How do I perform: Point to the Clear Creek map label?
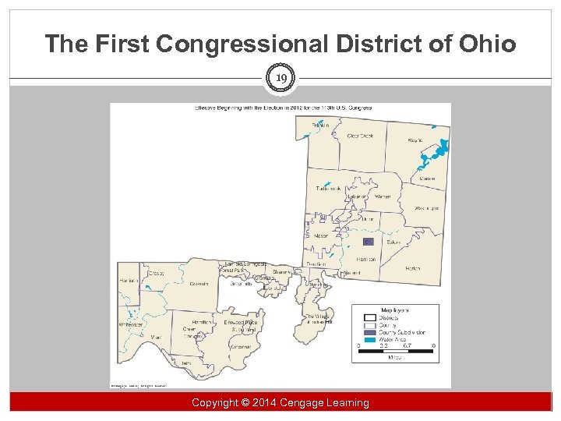[360, 136]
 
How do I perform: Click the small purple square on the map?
[369, 242]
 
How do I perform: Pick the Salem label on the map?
[393, 242]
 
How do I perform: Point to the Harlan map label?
[413, 268]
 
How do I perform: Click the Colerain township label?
[199, 284]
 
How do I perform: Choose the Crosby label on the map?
[154, 274]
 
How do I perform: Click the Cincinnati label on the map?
[241, 346]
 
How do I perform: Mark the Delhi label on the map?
[185, 362]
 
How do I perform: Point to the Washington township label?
[426, 209]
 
